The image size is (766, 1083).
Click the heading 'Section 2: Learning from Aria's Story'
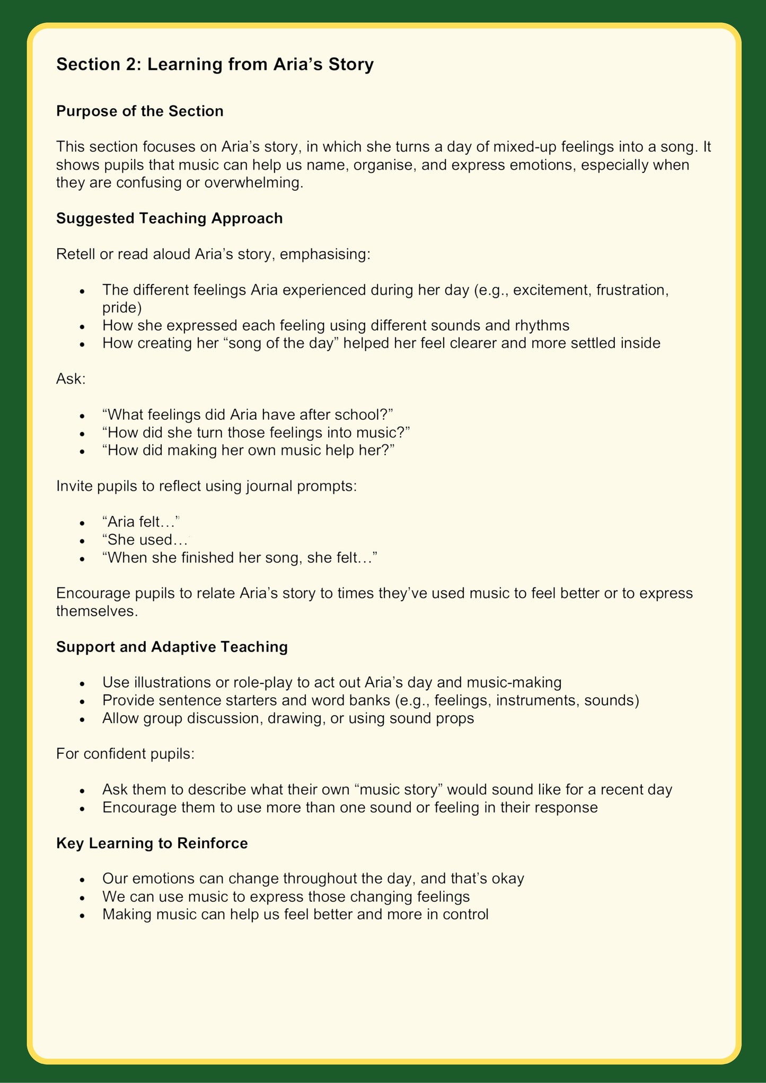coord(215,65)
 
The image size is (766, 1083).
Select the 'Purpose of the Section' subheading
coord(139,111)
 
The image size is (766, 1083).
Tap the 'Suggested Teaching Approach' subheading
coord(169,218)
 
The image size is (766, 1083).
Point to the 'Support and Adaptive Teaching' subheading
coord(172,647)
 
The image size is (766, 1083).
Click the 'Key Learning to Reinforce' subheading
coord(152,843)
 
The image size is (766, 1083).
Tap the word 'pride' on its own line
coord(122,308)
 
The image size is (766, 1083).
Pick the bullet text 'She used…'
coord(145,540)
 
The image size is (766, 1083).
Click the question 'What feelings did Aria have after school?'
coord(247,415)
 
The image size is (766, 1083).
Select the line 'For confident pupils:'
coord(125,753)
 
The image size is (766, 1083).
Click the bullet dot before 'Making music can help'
coord(82,915)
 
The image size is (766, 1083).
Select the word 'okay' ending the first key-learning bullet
coord(507,879)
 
